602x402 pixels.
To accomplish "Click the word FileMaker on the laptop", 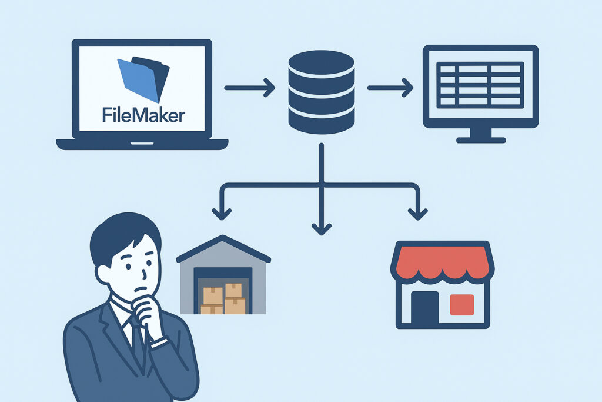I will click(x=143, y=114).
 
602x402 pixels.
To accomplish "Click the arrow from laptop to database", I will click(x=249, y=88).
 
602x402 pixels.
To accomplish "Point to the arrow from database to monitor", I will click(x=390, y=88).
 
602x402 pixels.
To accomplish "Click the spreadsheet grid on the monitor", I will click(x=481, y=84).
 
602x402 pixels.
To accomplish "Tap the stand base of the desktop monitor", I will click(x=481, y=139).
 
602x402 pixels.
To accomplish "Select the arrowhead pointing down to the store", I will click(x=417, y=212).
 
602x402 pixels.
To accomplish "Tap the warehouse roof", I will click(x=223, y=247).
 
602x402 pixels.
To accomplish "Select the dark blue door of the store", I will click(x=424, y=306).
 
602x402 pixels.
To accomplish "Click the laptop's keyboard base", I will click(x=142, y=144).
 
